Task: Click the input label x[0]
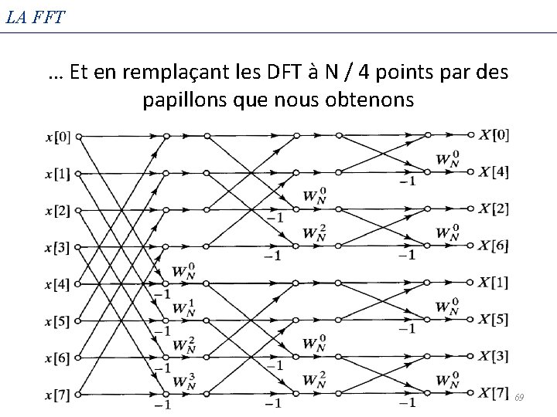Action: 58,137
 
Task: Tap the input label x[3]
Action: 58,248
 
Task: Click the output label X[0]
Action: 494,135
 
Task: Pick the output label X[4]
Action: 494,171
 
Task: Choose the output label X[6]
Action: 494,246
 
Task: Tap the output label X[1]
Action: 494,282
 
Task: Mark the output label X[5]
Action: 494,319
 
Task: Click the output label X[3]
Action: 494,356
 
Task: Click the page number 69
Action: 520,397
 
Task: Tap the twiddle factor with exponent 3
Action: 183,381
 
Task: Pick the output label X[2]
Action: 494,208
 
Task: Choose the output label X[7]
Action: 494,393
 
